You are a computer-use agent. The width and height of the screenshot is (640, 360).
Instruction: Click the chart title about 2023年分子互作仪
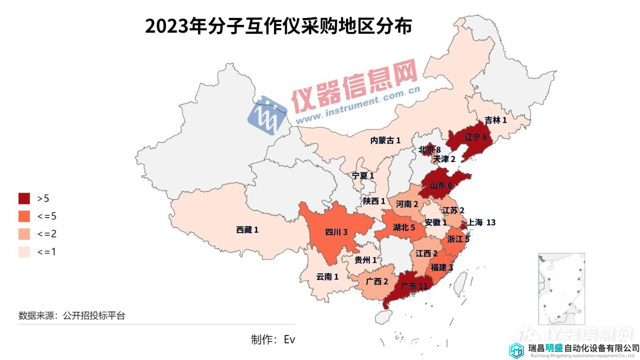coord(278,27)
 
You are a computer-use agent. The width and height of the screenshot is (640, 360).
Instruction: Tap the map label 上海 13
coord(482,222)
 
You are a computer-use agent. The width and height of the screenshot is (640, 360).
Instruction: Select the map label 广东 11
coord(414,286)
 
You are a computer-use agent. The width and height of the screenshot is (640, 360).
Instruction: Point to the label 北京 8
coord(430,150)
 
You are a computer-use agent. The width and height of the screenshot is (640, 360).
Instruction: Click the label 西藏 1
coord(247,230)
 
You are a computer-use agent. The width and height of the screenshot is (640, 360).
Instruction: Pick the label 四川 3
coord(336,232)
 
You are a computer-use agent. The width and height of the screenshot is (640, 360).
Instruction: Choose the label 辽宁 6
coord(476,137)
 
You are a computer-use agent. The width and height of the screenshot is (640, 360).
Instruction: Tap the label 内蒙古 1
coord(385,140)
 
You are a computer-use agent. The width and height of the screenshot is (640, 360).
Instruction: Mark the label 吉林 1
coord(496,120)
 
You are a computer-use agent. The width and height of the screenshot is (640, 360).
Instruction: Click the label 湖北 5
coord(404,228)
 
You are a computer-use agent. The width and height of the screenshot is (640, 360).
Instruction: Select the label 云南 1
coord(327,277)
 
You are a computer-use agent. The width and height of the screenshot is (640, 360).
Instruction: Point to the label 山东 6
coord(440,185)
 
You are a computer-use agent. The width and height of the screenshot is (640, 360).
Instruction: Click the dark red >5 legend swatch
coord(24,198)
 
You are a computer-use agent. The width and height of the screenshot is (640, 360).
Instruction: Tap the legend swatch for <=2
coord(24,234)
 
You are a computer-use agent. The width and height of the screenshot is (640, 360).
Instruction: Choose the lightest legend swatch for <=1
coord(24,252)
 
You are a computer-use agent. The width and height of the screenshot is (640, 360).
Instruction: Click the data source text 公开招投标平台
coord(94,316)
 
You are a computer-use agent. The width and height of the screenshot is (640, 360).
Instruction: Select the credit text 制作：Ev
coord(273,340)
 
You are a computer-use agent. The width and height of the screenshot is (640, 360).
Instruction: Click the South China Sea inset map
coord(561,288)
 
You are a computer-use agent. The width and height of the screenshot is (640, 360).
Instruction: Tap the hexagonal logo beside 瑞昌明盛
coord(516,350)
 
